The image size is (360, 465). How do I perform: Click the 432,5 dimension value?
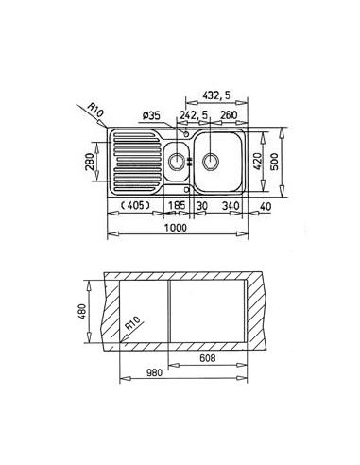[216, 95]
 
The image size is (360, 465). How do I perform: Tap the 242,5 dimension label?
[194, 115]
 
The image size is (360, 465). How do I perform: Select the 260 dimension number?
[229, 115]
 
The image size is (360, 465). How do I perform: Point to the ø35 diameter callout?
[151, 115]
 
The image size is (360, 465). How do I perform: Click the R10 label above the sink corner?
[94, 110]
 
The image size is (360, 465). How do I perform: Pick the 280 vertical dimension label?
[90, 162]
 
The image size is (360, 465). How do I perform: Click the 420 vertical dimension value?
[258, 162]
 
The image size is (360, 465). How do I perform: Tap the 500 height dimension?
[275, 162]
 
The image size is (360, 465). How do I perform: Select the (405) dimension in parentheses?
[136, 206]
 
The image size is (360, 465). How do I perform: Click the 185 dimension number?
[177, 206]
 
